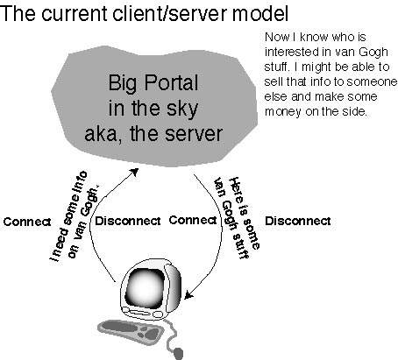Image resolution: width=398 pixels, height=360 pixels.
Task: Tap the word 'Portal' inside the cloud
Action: (x=172, y=83)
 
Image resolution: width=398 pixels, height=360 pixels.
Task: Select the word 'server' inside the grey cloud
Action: (x=194, y=134)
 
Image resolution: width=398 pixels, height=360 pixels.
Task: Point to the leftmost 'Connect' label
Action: (x=27, y=222)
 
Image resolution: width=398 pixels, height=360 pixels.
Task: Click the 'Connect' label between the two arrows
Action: (x=193, y=220)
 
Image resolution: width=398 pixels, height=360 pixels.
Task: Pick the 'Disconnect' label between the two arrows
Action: (x=128, y=221)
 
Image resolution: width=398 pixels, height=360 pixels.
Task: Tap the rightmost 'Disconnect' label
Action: (x=298, y=221)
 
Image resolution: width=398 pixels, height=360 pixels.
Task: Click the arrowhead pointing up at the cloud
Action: (x=134, y=172)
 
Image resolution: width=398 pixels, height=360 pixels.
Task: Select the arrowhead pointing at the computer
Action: (x=188, y=294)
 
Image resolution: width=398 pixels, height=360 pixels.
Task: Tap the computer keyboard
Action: (x=130, y=332)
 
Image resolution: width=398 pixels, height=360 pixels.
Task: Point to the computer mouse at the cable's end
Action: (x=178, y=353)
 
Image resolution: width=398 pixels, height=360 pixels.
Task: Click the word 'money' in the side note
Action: (x=283, y=112)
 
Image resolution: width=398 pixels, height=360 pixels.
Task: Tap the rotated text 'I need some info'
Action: (x=69, y=216)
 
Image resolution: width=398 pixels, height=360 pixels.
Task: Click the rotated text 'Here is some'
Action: (x=244, y=213)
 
